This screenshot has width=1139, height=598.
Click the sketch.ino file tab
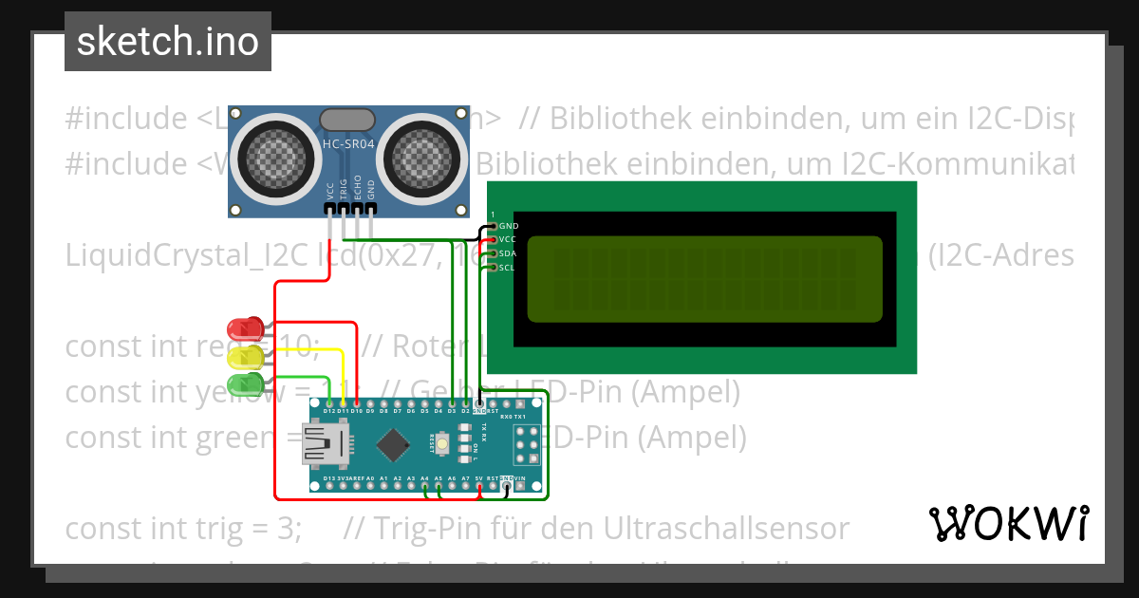(x=167, y=42)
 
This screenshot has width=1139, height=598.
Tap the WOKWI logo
(x=1008, y=523)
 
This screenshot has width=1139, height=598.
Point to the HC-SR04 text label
(x=348, y=143)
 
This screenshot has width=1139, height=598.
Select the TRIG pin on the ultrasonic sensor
(x=343, y=208)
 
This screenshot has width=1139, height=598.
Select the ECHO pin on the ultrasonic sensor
(x=357, y=208)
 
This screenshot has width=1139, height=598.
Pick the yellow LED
(x=246, y=358)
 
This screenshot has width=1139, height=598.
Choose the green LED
(x=246, y=384)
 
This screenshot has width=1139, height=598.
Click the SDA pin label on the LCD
(x=507, y=253)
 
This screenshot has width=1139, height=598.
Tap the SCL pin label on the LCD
(x=507, y=268)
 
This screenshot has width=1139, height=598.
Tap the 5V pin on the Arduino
(x=479, y=484)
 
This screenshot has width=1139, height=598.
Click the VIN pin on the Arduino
(x=520, y=484)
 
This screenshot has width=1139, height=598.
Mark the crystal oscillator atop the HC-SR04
(x=347, y=119)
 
